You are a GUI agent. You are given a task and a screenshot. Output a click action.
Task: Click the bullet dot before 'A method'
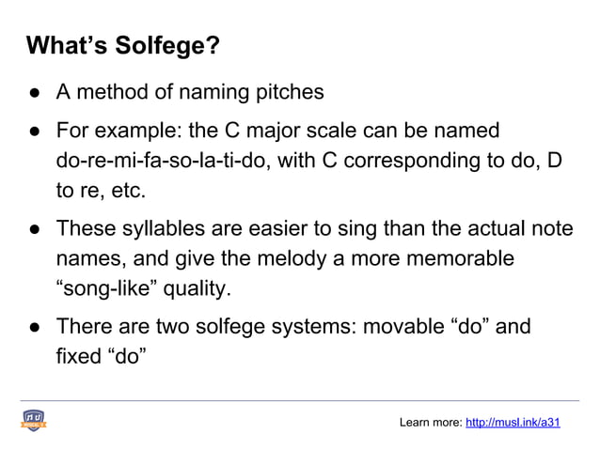[33, 93]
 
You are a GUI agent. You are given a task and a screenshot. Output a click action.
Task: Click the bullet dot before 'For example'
[33, 130]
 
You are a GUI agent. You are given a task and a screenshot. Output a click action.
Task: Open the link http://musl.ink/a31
[513, 423]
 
